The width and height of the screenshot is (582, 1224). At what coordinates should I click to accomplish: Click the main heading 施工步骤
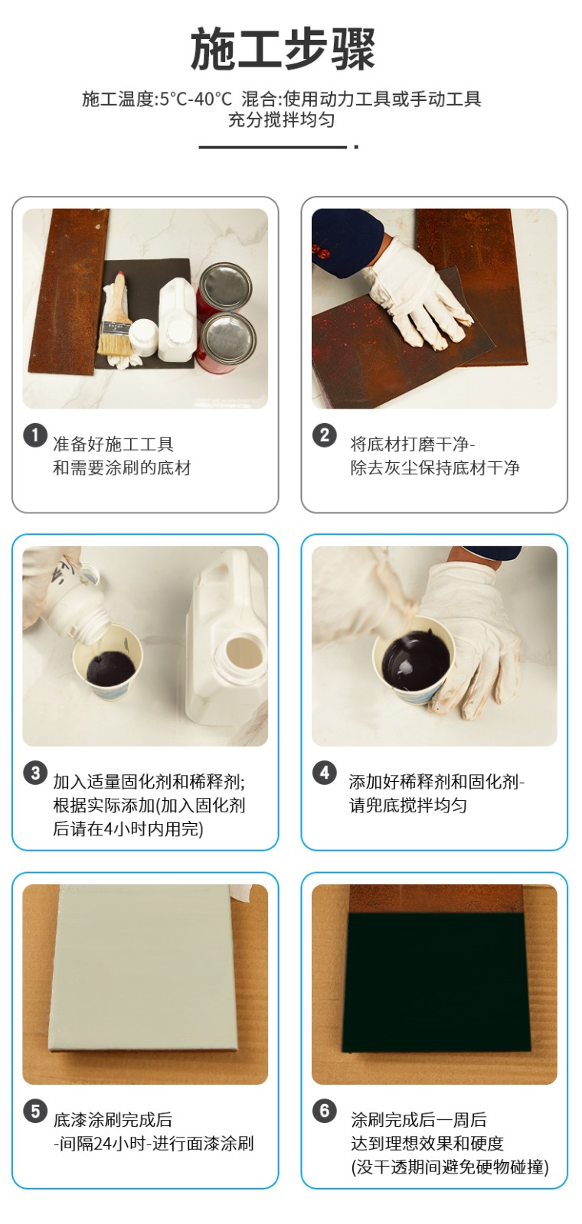click(283, 50)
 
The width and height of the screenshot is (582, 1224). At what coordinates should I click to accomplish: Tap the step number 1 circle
click(35, 435)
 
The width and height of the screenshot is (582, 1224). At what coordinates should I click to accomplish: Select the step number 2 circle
click(325, 435)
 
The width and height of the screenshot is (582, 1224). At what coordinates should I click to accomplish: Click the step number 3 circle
click(35, 773)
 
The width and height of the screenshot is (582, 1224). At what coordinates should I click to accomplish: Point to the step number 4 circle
click(325, 773)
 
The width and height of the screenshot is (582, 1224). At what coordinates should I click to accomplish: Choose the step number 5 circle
click(35, 1111)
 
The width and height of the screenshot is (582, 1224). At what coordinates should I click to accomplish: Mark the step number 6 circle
click(325, 1111)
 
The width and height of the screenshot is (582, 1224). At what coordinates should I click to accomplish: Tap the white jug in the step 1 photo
click(177, 319)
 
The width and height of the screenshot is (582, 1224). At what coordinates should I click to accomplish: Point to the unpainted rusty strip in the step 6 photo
click(435, 899)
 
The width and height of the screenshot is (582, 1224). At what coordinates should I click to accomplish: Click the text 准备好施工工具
click(113, 444)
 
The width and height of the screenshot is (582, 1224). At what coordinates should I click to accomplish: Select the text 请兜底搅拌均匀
click(408, 806)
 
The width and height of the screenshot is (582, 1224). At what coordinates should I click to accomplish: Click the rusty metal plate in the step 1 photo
click(66, 292)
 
